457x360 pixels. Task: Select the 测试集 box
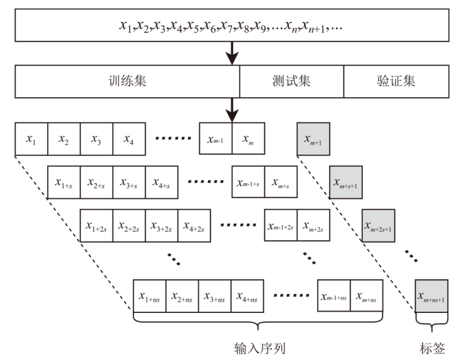coord(292,81)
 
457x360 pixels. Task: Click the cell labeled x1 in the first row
coord(31,139)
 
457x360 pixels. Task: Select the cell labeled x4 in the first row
coord(128,139)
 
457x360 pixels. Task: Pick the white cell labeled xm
coord(248,139)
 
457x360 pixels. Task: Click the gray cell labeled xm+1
coord(313,139)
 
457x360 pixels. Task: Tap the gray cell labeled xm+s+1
coord(346,182)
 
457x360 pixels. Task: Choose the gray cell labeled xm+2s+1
coord(379,226)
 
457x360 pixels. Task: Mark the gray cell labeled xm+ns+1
coord(431,296)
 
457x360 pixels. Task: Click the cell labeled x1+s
coord(64,182)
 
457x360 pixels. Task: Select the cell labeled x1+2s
coord(96,226)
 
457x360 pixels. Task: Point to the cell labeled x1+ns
coord(149,296)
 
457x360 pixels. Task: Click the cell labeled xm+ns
coord(366,296)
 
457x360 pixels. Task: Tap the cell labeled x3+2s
coord(161,226)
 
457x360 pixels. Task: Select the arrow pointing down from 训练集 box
coord(232,109)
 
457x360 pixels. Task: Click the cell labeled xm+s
coord(280,182)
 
